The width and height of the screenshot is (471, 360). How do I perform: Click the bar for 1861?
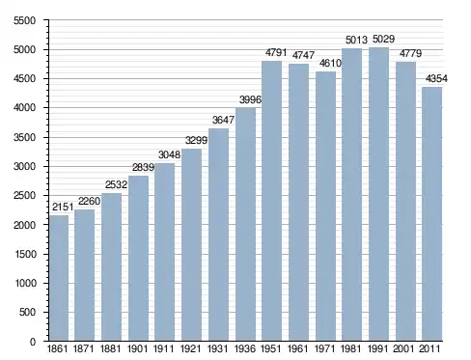click(x=59, y=278)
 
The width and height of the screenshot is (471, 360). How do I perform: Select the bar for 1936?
click(x=245, y=224)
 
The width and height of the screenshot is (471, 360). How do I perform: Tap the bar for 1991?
click(x=378, y=194)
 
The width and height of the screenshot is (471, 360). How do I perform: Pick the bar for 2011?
click(x=431, y=214)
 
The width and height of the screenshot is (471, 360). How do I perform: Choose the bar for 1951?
click(x=271, y=201)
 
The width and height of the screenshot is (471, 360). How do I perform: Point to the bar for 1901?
click(x=138, y=259)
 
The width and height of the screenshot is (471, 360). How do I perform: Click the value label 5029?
click(x=383, y=40)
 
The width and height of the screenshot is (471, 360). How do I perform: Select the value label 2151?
click(x=63, y=208)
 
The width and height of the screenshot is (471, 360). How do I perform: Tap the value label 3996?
click(x=250, y=99)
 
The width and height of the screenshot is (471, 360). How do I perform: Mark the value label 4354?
click(x=436, y=79)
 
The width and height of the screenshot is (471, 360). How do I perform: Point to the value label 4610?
click(x=330, y=63)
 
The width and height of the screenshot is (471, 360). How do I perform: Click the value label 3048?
click(x=169, y=155)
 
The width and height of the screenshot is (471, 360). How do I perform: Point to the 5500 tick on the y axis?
click(x=25, y=21)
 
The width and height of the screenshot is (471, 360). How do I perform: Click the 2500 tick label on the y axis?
click(x=25, y=196)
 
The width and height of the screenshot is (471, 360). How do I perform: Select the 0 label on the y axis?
click(x=33, y=342)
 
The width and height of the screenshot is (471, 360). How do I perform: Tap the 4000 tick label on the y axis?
click(x=25, y=108)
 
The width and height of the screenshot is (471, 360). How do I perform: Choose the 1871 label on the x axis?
click(x=84, y=349)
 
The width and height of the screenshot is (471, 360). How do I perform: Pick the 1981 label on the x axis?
click(x=351, y=349)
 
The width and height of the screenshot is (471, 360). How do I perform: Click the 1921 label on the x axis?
click(x=190, y=349)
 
